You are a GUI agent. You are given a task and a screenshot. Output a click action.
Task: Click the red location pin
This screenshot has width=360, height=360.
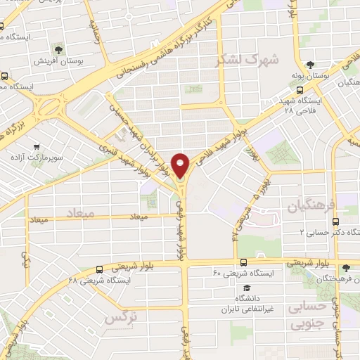coord(181,165)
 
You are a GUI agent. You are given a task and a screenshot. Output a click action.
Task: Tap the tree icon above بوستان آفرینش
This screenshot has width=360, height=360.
coord(58,50)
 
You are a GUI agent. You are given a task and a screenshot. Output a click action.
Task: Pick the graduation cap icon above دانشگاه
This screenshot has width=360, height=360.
coord(247,288)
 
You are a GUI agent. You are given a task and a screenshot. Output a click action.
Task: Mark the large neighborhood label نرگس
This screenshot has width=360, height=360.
coord(120,318)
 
